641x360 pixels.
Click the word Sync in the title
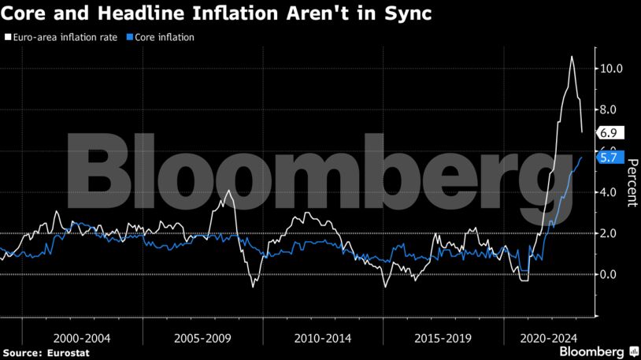coord(406,15)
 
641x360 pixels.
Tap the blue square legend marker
coord(132,37)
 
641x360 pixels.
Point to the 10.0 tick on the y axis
coord(611,69)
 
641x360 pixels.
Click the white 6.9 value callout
coord(610,132)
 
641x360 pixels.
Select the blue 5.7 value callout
coord(610,158)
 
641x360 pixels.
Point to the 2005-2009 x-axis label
coord(202,338)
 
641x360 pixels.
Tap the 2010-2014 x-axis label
coord(323,338)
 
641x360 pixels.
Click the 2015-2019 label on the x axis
coord(443,338)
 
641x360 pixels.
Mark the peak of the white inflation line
coord(572,57)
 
